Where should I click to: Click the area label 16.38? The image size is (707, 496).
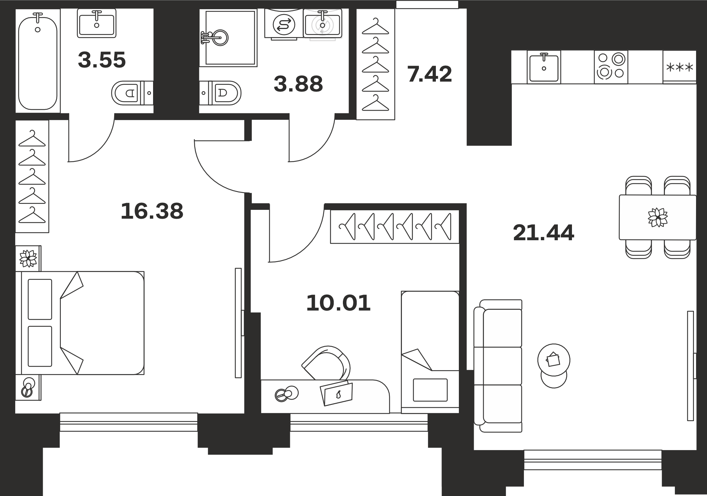click(152, 211)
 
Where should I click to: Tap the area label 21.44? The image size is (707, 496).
click(544, 233)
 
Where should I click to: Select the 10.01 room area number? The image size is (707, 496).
click(338, 303)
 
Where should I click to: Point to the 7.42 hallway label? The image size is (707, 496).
click(430, 75)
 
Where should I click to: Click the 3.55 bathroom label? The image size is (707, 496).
click(102, 60)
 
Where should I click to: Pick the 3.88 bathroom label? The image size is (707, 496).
click(298, 84)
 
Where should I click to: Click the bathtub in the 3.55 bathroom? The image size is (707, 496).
click(37, 61)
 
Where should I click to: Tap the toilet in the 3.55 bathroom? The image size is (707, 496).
click(132, 93)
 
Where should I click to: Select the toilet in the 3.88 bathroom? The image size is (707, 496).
click(220, 93)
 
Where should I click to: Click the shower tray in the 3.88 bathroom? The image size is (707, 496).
click(228, 38)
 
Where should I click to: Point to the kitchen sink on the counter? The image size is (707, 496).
click(544, 67)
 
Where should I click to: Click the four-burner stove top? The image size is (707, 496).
click(611, 67)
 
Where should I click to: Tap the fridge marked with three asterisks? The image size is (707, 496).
click(679, 67)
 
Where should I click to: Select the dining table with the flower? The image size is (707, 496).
click(658, 217)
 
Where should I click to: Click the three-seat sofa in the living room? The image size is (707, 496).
click(498, 366)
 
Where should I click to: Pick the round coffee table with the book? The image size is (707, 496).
click(554, 360)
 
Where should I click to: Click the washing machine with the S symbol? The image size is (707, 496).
click(284, 24)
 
